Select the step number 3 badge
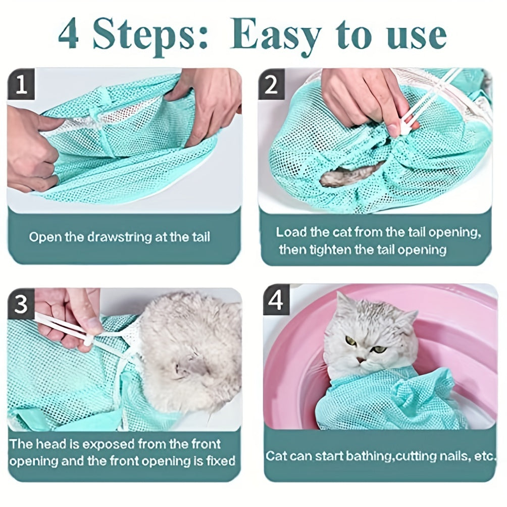pos(21,305)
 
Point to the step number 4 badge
pos(276,300)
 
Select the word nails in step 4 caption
pos(453,456)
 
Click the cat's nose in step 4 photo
pos(361,360)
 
